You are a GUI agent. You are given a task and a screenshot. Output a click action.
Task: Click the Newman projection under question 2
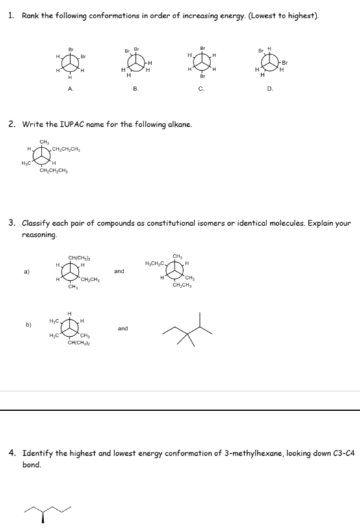click(45, 157)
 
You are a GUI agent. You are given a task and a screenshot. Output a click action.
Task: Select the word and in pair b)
click(123, 329)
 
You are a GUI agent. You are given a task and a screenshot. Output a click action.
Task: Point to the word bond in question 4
click(31, 465)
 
